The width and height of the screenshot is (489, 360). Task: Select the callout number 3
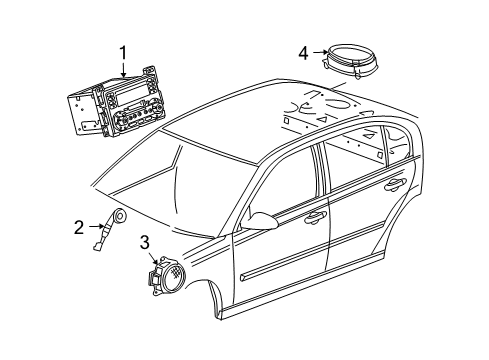tap(144, 241)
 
